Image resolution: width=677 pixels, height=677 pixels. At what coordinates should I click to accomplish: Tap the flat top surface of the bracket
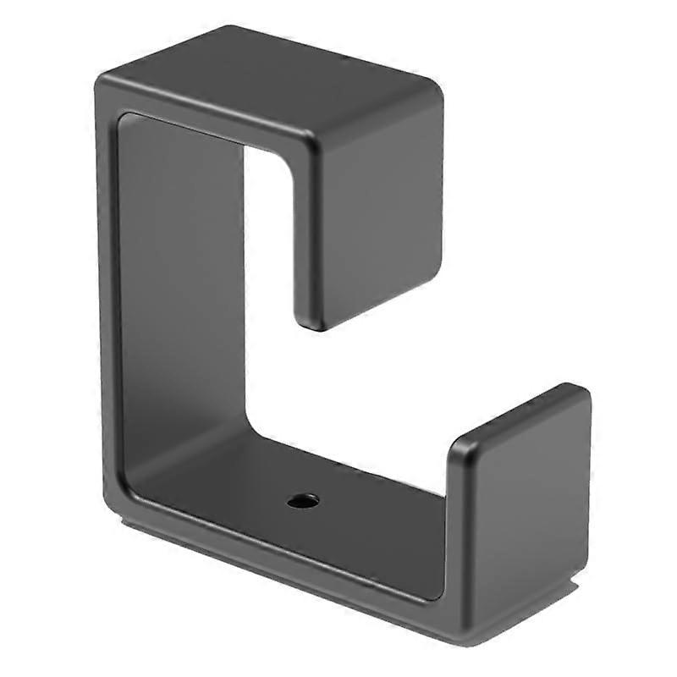pos(271,85)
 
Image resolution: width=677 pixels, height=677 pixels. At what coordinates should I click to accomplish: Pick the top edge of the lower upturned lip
pos(516,415)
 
